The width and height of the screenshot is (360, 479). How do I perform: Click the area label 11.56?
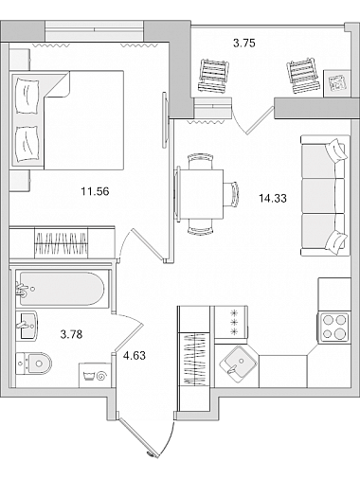(95, 191)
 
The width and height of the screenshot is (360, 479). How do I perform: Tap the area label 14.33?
(273, 199)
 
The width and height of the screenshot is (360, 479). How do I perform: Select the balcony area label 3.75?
(244, 43)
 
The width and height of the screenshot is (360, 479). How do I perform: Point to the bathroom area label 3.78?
(71, 334)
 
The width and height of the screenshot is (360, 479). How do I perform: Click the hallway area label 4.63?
(135, 356)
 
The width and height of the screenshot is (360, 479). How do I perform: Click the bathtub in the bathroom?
(63, 289)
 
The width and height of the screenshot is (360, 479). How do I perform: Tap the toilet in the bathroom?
(34, 364)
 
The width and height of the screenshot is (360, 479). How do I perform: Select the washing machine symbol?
(95, 375)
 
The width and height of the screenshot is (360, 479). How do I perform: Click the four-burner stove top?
(334, 328)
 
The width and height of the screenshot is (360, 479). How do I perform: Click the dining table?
(200, 194)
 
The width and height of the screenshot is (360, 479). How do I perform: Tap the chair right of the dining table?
(232, 194)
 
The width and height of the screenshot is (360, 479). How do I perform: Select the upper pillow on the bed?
(27, 97)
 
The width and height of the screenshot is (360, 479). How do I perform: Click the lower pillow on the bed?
(27, 145)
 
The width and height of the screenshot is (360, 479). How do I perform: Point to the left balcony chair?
(213, 76)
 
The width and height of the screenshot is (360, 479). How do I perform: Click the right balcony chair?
(303, 75)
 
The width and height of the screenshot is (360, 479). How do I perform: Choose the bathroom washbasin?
(27, 325)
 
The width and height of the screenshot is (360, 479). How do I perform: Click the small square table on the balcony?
(337, 83)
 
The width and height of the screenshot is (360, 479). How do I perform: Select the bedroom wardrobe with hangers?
(62, 242)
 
